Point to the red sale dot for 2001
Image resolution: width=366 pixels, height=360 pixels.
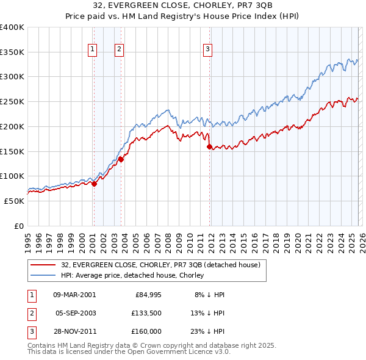click(94, 184)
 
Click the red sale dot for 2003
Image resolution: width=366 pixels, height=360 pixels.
click(121, 159)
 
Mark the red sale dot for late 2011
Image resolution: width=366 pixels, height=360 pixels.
click(210, 146)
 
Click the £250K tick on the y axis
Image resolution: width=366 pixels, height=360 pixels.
click(12, 101)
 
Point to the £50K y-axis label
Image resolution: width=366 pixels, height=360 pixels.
click(14, 201)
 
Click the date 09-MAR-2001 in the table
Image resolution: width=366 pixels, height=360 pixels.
click(74, 295)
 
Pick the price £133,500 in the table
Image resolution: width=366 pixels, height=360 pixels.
click(146, 313)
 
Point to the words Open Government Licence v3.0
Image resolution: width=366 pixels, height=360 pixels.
click(181, 352)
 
